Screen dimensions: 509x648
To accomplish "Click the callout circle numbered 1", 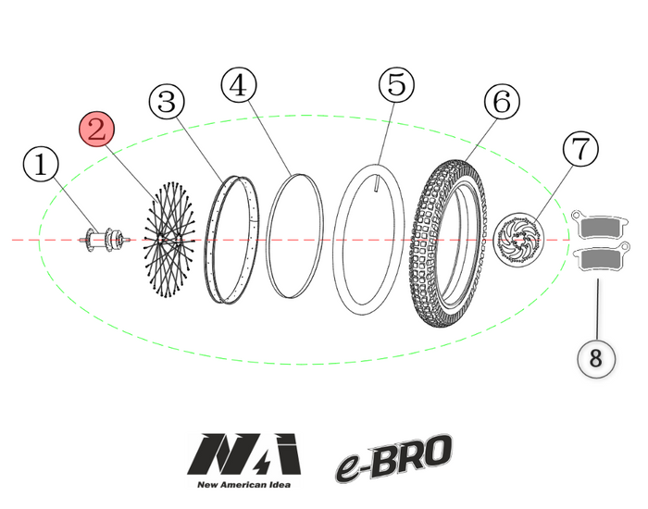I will [x=40, y=166].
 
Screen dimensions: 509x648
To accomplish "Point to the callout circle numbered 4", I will [x=239, y=86].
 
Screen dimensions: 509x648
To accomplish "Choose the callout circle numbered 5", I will [x=396, y=85].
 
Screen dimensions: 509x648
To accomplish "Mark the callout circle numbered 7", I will [x=579, y=148].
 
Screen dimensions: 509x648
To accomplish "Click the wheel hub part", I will [x=104, y=241].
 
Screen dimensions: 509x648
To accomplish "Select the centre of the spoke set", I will [x=165, y=241].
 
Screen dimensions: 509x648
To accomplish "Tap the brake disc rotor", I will [x=518, y=240].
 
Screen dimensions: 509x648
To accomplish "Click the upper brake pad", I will [x=601, y=225].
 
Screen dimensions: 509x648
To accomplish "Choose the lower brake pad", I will [x=601, y=262].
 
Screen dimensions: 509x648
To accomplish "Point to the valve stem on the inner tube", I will [x=377, y=183].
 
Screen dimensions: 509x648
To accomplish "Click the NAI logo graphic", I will [x=244, y=453].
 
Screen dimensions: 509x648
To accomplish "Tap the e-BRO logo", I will [x=394, y=457].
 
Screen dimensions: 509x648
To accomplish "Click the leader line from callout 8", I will [x=597, y=310].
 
